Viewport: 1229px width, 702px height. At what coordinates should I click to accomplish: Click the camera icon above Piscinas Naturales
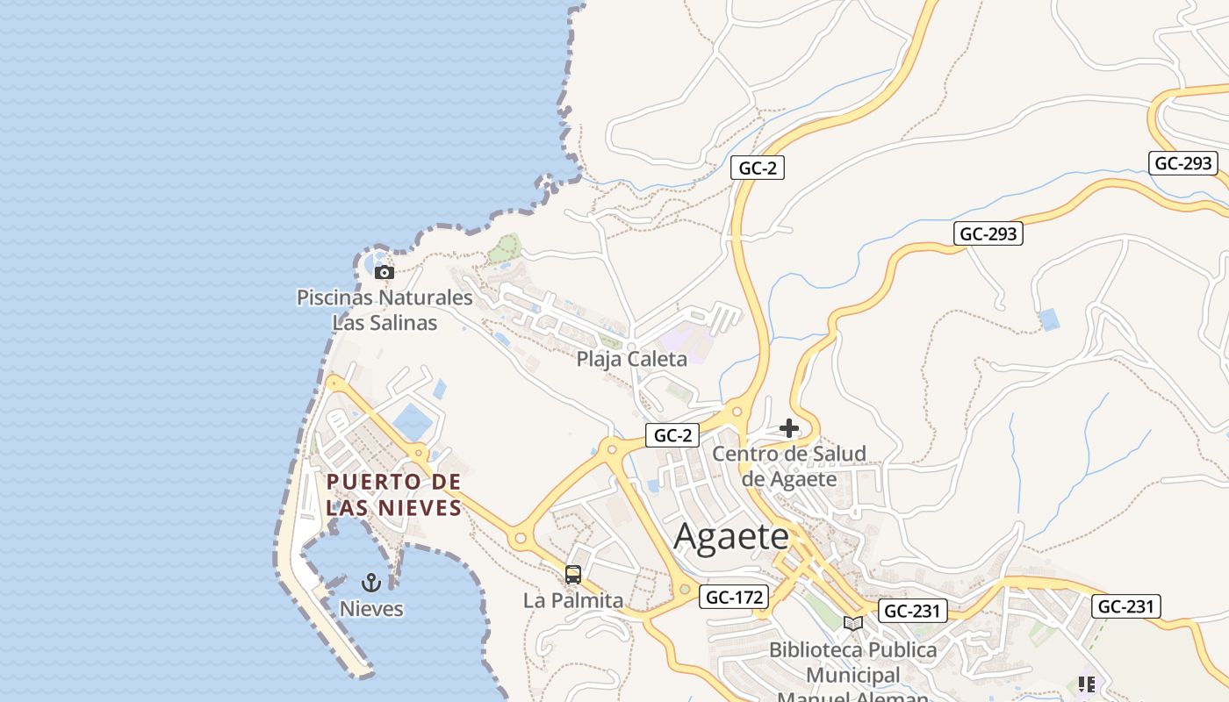(384, 272)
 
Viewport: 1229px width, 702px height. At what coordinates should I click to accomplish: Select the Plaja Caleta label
(631, 358)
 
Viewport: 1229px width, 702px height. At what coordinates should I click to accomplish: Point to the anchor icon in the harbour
(371, 582)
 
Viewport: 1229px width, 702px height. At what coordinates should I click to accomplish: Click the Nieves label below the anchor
(371, 608)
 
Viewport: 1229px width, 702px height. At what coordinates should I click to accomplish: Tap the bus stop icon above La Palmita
(573, 575)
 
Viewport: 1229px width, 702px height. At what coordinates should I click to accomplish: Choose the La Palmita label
(572, 600)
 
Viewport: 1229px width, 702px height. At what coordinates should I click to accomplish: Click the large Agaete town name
(730, 537)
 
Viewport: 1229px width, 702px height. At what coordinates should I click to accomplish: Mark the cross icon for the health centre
(789, 428)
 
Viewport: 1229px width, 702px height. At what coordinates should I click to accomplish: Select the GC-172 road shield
(735, 598)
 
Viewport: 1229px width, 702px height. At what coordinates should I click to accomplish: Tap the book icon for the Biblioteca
(852, 623)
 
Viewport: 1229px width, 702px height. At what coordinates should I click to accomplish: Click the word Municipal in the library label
(852, 675)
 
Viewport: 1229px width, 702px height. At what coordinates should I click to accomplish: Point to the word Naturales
(424, 297)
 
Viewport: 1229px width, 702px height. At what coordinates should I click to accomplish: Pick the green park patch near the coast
(505, 248)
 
